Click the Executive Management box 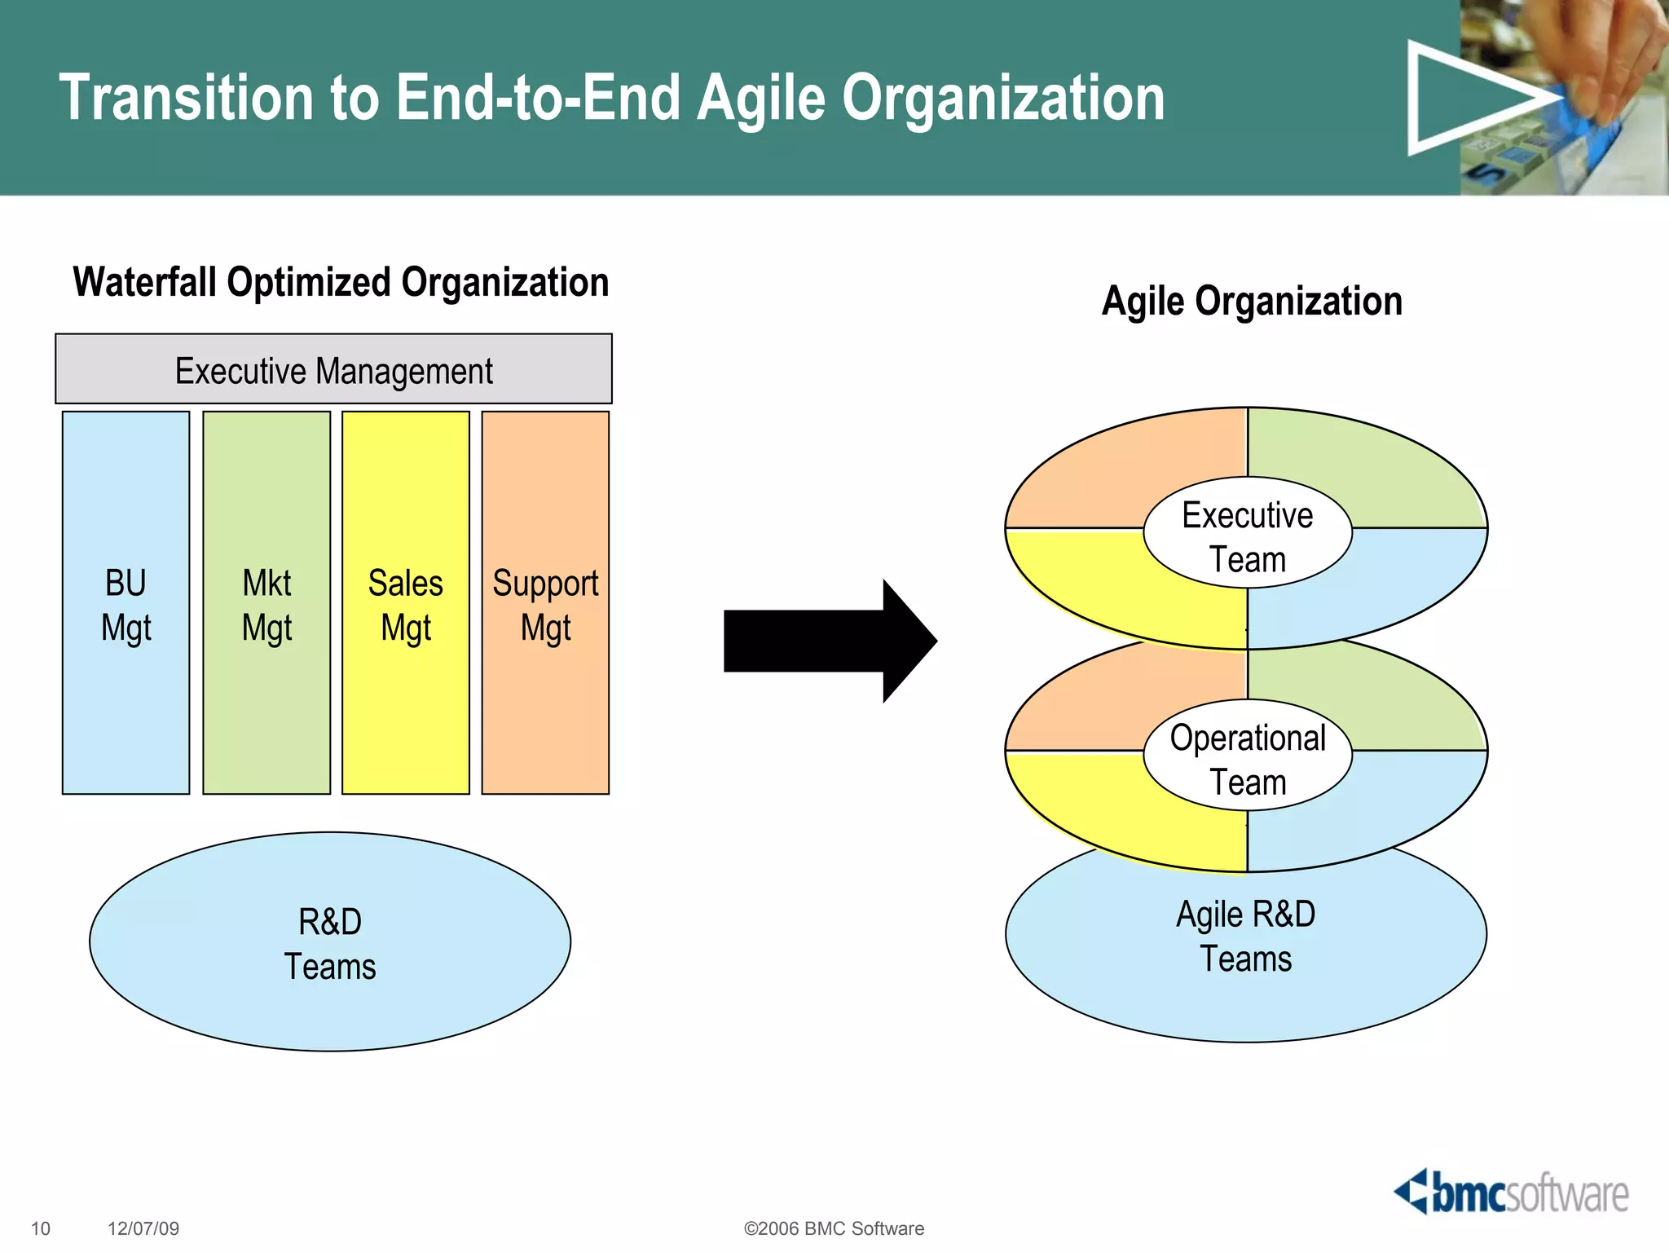pos(333,369)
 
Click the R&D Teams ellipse pos(329,941)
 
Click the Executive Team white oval pos(1247,534)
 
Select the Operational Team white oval pos(1247,756)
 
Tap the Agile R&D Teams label pos(1245,936)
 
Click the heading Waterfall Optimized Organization pos(341,283)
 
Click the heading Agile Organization pos(1252,301)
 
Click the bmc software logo pos(1512,1192)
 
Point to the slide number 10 pos(40,1228)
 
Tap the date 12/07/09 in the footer pos(143,1228)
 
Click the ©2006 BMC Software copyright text pos(834,1228)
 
